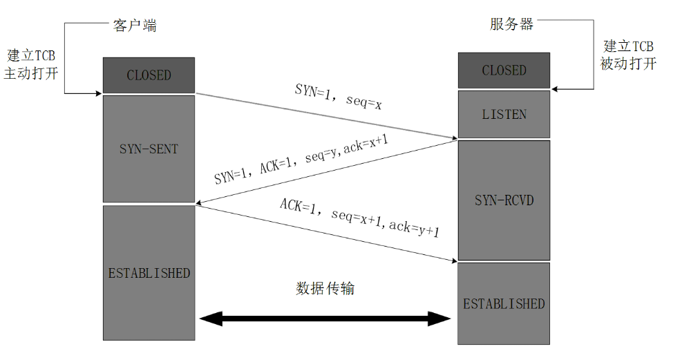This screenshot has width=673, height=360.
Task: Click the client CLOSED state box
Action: (149, 75)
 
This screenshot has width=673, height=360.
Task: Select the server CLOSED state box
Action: (504, 70)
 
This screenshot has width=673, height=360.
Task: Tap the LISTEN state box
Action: (504, 114)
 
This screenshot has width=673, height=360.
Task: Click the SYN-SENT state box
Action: (149, 149)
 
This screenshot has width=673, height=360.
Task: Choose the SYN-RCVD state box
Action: (504, 200)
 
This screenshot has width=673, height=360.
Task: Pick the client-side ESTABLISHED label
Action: (149, 273)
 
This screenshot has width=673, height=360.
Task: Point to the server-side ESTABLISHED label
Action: (504, 304)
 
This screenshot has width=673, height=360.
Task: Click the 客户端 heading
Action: (135, 26)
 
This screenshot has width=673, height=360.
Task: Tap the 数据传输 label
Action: (325, 288)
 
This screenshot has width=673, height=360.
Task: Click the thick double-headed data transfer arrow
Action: (325, 319)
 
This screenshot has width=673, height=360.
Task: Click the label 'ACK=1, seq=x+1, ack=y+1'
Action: (359, 219)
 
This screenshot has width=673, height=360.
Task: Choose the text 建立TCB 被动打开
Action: (628, 55)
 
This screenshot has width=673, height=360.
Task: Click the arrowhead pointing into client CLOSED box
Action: (97, 93)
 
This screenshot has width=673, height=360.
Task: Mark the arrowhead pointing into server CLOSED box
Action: (556, 88)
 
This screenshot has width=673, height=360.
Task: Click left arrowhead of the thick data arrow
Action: (208, 319)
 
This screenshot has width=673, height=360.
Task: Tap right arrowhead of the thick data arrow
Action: (442, 319)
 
